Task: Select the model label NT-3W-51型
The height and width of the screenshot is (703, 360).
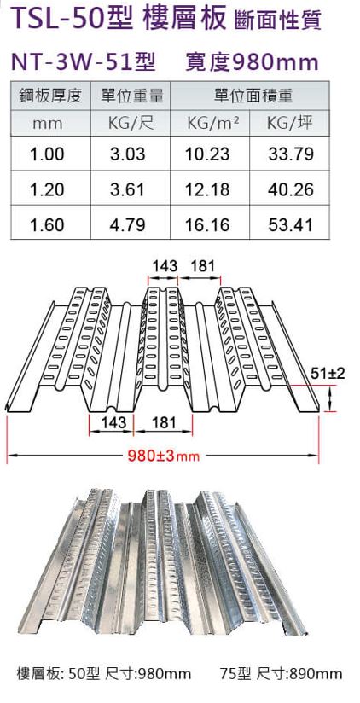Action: [x=81, y=61]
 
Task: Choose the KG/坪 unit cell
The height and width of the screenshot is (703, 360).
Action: [x=290, y=123]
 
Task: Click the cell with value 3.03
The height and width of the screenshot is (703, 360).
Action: [x=131, y=154]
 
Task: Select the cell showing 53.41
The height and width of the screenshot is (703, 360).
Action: [x=291, y=225]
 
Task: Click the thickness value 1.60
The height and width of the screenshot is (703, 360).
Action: [x=48, y=225]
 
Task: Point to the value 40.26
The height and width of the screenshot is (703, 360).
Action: [x=291, y=189]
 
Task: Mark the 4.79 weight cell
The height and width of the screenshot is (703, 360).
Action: [x=131, y=225]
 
